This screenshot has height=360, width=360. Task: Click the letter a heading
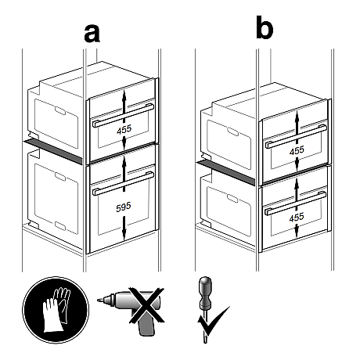click(92, 34)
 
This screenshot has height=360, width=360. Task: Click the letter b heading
click(265, 27)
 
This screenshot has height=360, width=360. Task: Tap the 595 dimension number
click(124, 207)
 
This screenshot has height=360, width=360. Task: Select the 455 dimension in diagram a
click(124, 129)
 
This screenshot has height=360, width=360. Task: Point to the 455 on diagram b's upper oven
click(297, 150)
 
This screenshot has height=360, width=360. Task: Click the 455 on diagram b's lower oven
click(297, 218)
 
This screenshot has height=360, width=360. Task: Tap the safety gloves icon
click(56, 310)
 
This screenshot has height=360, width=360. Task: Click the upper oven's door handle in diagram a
click(123, 115)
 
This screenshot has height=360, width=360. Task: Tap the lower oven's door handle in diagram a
click(123, 183)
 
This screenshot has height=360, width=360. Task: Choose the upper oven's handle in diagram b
click(296, 136)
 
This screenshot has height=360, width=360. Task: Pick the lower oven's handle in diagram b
click(295, 203)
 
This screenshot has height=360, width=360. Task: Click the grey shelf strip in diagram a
click(53, 152)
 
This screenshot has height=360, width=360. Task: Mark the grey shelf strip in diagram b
click(226, 173)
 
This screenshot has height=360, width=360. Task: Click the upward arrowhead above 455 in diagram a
click(124, 95)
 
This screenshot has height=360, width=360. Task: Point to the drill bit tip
click(98, 301)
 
